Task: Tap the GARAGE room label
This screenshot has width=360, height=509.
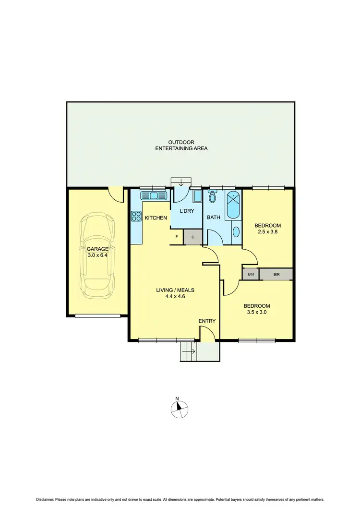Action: click(97, 249)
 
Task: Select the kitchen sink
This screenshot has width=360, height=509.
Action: click(153, 195)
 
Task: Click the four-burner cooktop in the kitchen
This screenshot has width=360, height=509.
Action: click(136, 217)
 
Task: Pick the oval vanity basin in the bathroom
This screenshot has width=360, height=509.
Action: click(236, 232)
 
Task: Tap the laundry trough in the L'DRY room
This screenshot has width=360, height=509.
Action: click(197, 196)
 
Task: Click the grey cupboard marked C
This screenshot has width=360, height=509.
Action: click(193, 237)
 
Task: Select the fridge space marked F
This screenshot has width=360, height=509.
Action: click(177, 237)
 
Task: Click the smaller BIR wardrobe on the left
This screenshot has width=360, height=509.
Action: click(250, 274)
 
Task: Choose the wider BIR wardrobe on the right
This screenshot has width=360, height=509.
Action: click(276, 274)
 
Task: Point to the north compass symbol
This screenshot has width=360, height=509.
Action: click(180, 408)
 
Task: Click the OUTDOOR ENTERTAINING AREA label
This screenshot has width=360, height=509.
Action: click(181, 145)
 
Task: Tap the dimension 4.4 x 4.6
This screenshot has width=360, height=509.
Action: click(175, 297)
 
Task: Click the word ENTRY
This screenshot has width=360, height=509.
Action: click(207, 321)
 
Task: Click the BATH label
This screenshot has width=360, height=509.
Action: click(213, 218)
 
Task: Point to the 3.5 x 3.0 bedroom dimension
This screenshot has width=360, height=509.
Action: click(256, 313)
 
